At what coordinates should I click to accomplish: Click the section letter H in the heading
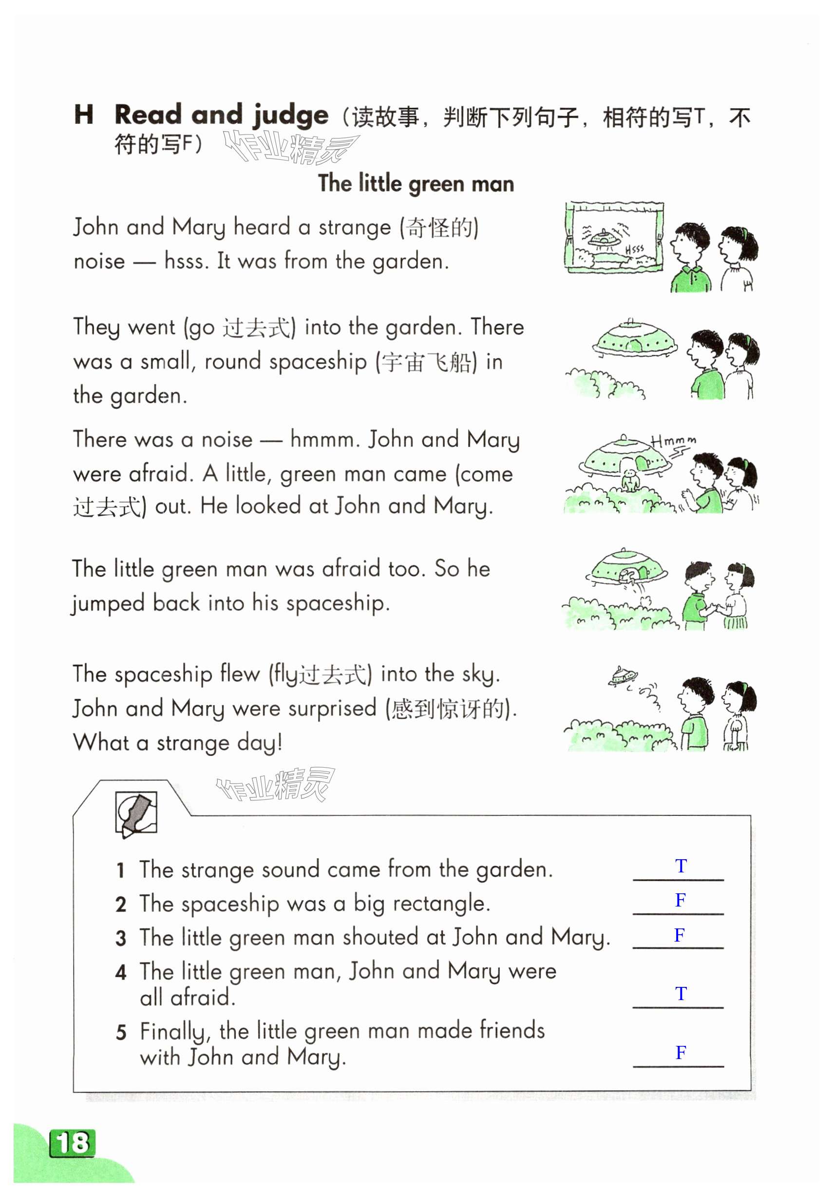[84, 115]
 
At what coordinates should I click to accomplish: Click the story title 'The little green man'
[416, 184]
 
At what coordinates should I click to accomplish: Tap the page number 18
[73, 1143]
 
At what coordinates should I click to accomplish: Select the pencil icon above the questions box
[136, 813]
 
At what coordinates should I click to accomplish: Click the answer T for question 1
[681, 866]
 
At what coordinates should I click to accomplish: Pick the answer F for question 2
[680, 900]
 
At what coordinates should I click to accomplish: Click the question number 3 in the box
[121, 939]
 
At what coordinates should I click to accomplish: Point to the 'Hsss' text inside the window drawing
[635, 250]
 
